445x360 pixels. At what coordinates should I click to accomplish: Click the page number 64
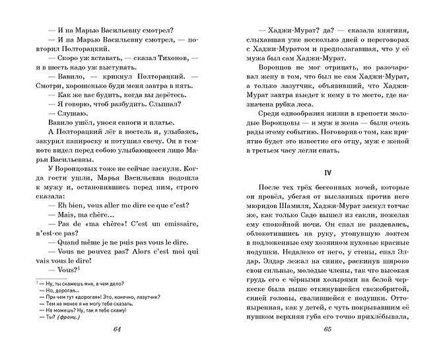pyautogui.click(x=118, y=349)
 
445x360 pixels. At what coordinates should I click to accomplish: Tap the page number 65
pyautogui.click(x=324, y=349)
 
